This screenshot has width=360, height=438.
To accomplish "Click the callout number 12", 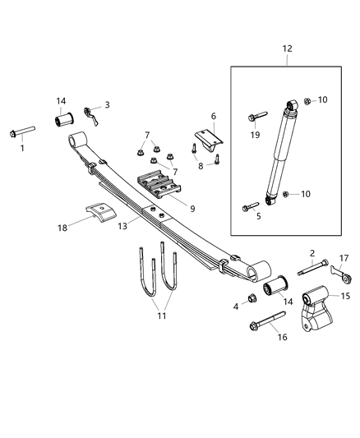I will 287,48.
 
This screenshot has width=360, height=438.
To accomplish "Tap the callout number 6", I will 214,117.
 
